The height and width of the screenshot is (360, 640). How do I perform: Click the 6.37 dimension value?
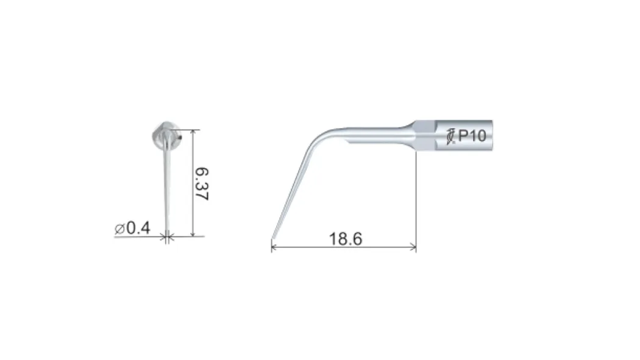[x=202, y=183]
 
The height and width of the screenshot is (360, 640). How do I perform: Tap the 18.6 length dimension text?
[x=346, y=239]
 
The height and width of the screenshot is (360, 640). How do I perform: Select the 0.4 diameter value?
[x=138, y=228]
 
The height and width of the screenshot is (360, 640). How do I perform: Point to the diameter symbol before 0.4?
[x=119, y=229]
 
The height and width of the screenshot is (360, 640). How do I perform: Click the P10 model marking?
[x=472, y=136]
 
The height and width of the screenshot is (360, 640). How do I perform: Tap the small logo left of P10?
[x=450, y=136]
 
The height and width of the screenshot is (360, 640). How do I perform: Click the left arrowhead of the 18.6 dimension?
[x=274, y=247]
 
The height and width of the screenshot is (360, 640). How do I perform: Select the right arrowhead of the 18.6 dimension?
[x=413, y=247]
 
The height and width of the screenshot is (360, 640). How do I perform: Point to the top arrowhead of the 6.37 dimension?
[x=193, y=133]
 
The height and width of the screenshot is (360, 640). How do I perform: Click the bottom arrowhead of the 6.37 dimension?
[x=193, y=233]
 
